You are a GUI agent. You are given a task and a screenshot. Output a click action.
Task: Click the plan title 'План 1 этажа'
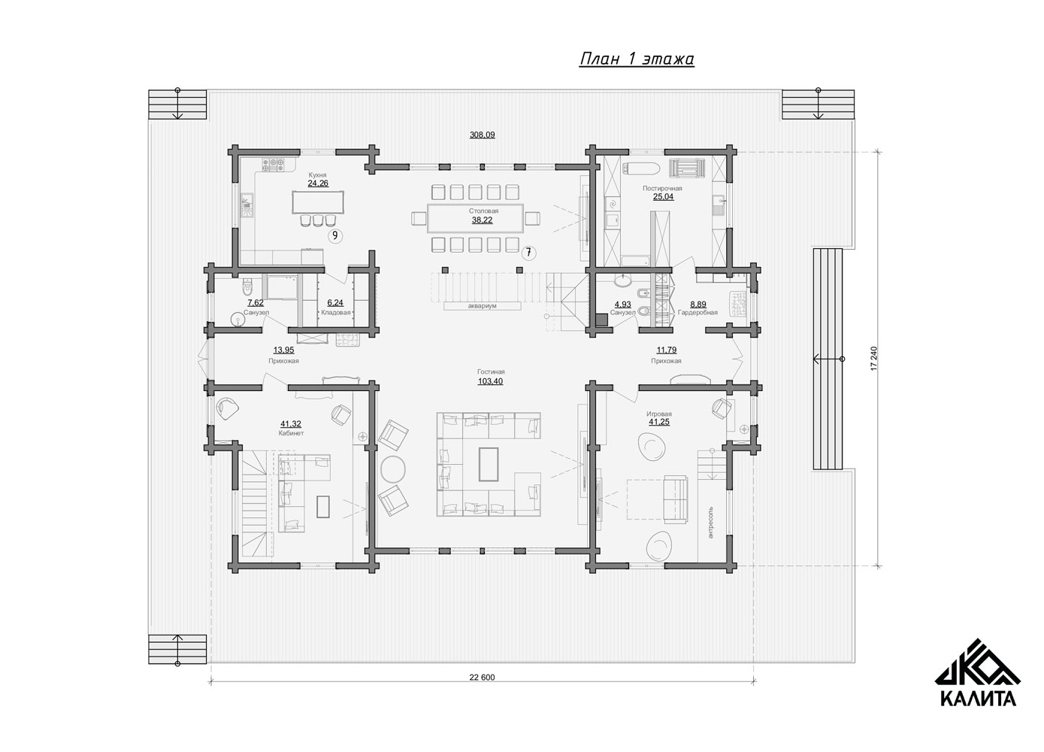637,59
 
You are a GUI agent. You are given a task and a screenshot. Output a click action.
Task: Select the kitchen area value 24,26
318,183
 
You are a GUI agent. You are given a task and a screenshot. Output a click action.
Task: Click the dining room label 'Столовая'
483,211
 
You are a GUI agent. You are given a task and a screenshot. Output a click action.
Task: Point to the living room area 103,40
490,381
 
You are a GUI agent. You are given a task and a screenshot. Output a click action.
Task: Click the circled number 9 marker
334,236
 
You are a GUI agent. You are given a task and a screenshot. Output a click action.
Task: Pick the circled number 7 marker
528,253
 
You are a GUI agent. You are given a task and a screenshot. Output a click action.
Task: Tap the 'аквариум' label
483,306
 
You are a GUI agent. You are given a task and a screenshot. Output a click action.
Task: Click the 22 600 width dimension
482,678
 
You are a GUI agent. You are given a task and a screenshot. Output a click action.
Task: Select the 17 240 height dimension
873,358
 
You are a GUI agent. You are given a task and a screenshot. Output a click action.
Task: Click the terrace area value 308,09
482,135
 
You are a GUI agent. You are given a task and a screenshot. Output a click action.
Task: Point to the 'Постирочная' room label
662,188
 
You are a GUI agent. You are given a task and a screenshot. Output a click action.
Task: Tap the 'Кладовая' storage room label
335,312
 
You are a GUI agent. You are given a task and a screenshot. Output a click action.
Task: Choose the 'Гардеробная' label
698,312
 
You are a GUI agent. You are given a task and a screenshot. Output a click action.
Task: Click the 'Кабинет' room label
291,433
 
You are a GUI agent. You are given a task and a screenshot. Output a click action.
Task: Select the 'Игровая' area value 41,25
659,422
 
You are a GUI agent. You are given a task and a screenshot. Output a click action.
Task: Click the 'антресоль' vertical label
710,522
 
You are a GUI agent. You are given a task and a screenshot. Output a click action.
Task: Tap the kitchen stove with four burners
274,165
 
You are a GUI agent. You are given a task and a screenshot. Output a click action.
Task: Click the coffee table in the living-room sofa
489,464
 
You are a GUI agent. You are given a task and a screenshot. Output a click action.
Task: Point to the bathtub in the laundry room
640,168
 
